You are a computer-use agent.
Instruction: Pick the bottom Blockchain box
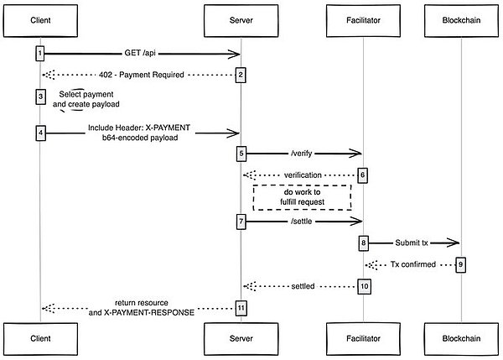461,340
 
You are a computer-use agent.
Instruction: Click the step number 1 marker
39,54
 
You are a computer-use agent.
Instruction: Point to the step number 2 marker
241,76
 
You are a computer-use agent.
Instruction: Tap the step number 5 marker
241,154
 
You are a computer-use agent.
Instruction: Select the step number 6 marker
363,175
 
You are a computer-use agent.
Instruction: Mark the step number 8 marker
363,243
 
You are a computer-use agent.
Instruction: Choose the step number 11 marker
241,307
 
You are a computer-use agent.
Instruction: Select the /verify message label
302,154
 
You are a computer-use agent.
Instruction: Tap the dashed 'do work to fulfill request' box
302,197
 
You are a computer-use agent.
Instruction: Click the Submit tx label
412,243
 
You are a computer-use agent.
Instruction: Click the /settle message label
302,221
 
